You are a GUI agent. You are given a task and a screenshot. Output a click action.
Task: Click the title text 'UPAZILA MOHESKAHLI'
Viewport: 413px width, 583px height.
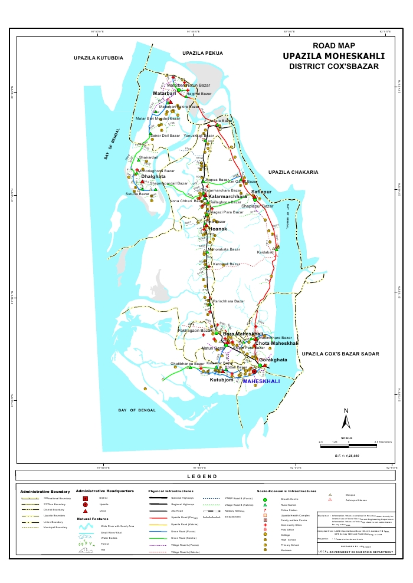tap(333, 56)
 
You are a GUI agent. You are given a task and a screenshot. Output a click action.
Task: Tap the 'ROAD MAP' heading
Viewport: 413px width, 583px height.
tap(333, 45)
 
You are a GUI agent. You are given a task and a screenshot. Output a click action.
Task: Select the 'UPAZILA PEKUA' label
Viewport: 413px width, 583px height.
tap(202, 53)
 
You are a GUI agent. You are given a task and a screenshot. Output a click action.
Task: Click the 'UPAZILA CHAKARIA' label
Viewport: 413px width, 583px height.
tap(293, 172)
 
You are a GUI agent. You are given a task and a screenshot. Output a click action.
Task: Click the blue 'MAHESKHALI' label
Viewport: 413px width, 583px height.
tap(263, 381)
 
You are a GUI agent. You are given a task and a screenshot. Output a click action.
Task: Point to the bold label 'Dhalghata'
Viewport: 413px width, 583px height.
tap(153, 176)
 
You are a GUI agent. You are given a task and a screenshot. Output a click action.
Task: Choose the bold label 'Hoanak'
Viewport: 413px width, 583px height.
tap(218, 228)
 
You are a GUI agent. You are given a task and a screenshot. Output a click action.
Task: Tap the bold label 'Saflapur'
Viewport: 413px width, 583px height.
tap(261, 192)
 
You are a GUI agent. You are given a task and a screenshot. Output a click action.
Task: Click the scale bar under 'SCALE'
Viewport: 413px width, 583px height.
tap(347, 442)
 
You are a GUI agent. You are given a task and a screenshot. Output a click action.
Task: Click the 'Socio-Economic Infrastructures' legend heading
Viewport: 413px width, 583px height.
tap(287, 490)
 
